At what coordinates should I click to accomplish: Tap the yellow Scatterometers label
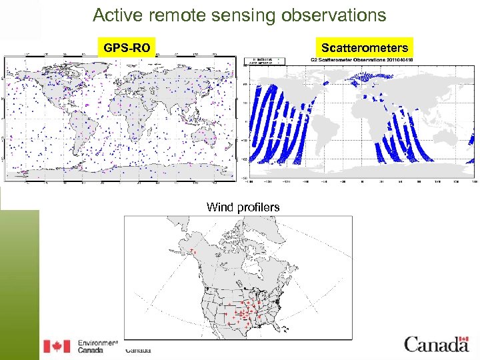tap(364, 48)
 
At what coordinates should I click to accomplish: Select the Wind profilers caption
tap(243, 207)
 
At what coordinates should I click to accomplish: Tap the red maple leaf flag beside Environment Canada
tap(57, 346)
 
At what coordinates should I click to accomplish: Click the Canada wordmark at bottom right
tap(436, 344)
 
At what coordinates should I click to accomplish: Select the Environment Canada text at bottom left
tap(97, 344)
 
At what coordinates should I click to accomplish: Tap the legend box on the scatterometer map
tap(267, 61)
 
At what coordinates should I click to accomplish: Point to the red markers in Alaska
tap(193, 253)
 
